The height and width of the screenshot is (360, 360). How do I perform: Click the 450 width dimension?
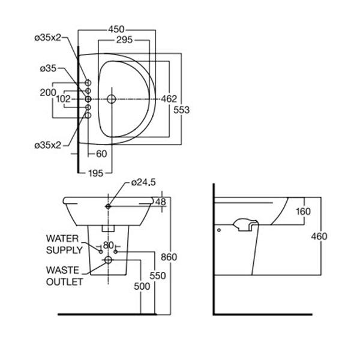(x=118, y=28)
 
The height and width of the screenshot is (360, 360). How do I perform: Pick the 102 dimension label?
(x=64, y=98)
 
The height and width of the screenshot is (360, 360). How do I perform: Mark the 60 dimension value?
(x=101, y=154)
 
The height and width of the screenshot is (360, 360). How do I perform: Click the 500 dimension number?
(x=142, y=287)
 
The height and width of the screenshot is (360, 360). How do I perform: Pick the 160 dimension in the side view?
(x=303, y=211)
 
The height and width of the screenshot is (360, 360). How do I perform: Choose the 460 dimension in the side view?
(x=319, y=236)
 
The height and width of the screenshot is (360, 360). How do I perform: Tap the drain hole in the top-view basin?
(x=111, y=98)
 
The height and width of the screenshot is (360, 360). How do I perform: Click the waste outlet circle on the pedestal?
(x=108, y=260)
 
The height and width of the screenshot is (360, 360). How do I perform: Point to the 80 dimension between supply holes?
(x=108, y=245)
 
